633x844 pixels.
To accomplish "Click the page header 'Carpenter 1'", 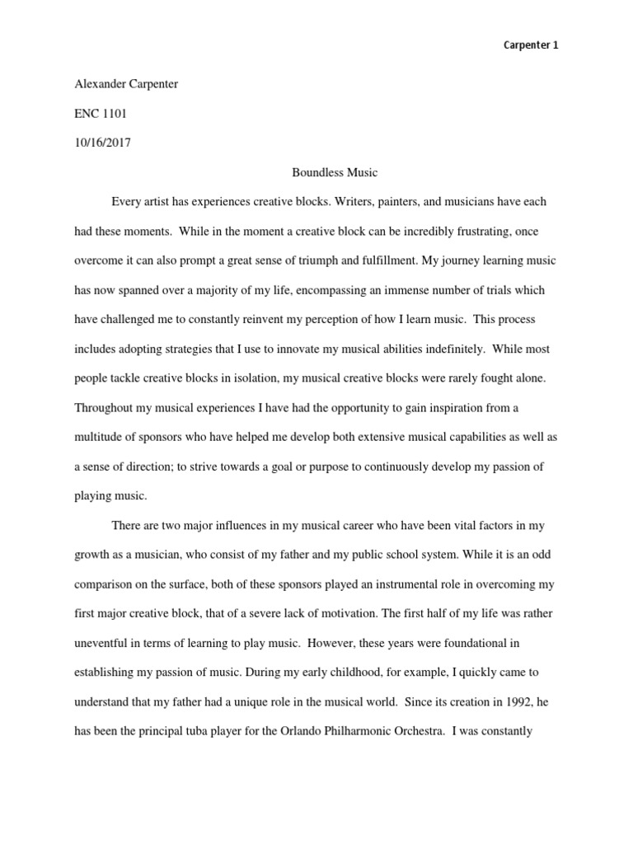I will [531, 45].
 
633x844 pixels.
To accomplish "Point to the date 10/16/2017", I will [102, 142].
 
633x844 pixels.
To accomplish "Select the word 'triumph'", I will [320, 261].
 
